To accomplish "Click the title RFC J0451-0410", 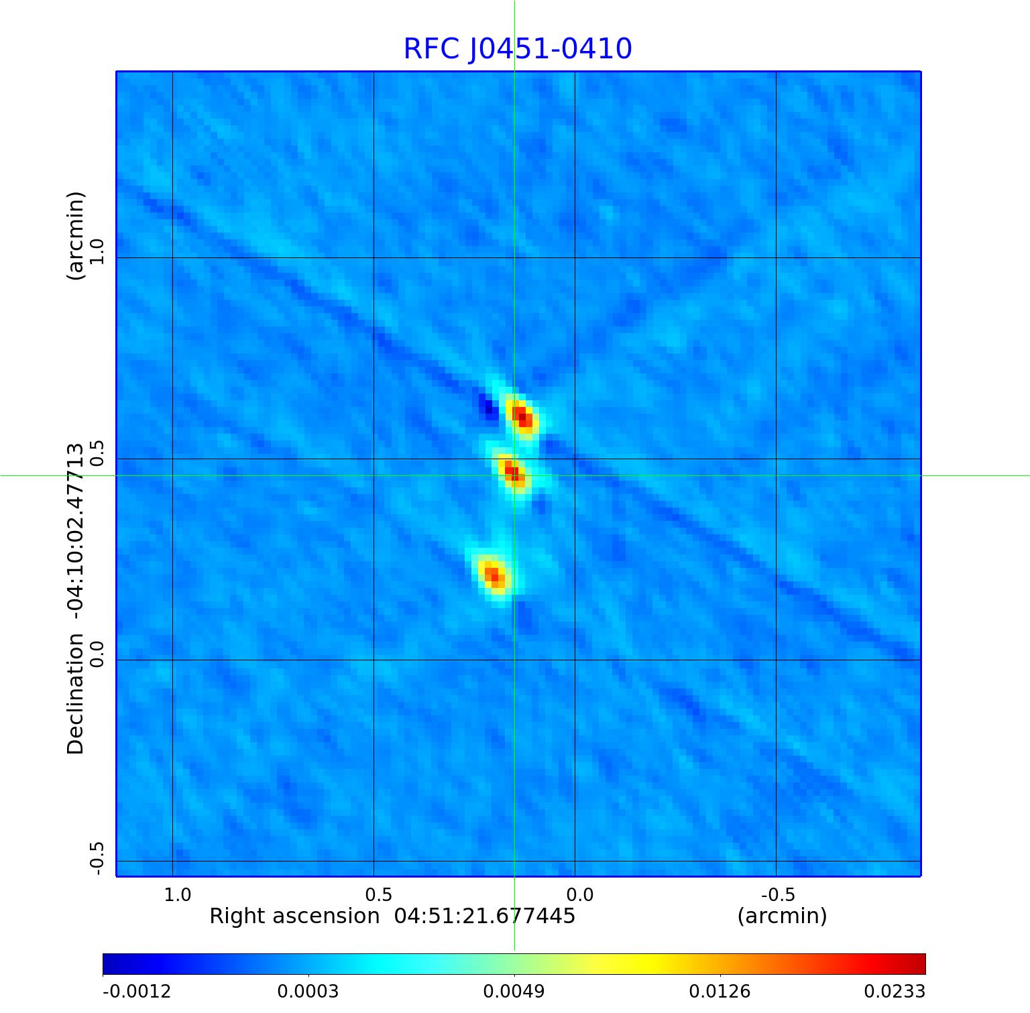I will [x=517, y=49].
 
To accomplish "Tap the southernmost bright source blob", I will [x=494, y=575].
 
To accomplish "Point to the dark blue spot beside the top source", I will [x=488, y=407].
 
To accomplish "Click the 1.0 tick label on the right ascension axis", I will [x=178, y=894].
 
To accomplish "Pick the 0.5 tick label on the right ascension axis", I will [x=378, y=894].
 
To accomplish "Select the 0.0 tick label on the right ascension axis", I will [x=580, y=894].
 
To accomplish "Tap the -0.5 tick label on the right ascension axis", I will [x=778, y=894].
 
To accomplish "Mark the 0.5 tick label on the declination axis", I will [x=97, y=454].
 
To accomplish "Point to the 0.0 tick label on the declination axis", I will [x=97, y=654].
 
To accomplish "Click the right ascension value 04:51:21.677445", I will [x=485, y=916].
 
